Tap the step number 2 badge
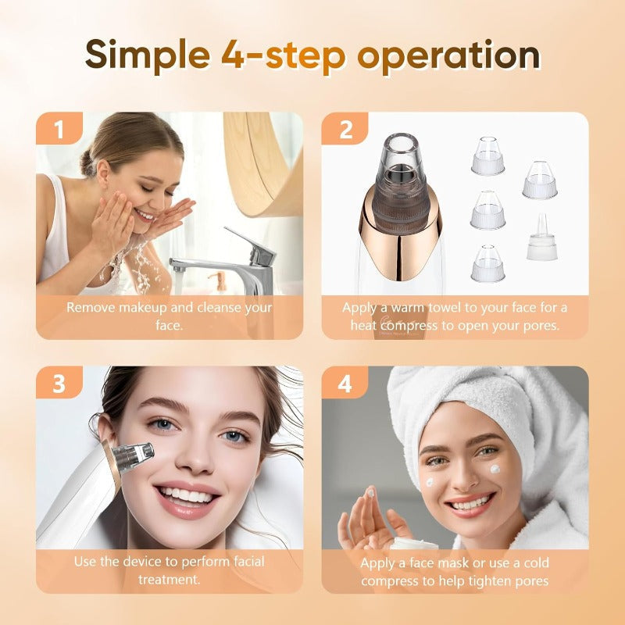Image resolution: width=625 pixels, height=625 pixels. [345, 130]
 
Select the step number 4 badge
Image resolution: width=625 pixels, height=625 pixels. [345, 384]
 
